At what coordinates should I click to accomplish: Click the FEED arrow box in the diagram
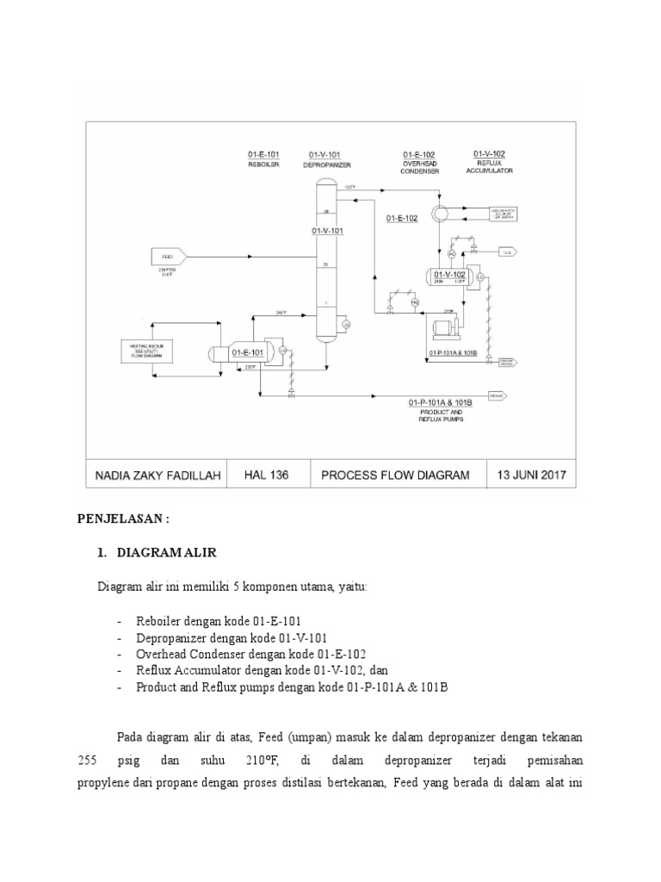click(x=168, y=256)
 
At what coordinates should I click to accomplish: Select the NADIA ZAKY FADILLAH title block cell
click(x=155, y=475)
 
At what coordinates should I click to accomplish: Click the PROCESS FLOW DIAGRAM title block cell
click(x=396, y=475)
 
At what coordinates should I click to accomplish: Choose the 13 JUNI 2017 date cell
click(x=531, y=475)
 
